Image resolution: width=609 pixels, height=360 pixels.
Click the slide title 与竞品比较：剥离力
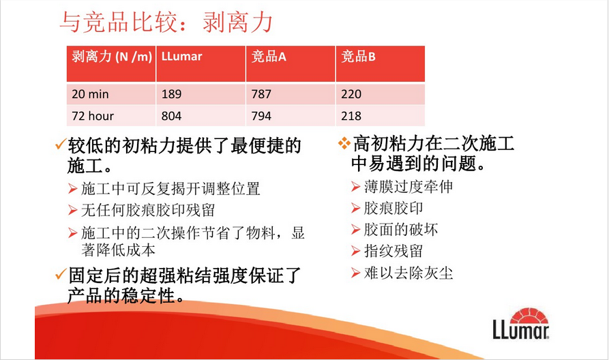click(166, 22)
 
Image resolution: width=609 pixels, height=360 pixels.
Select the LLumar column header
click(182, 57)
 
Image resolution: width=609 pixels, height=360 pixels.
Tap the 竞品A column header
click(269, 57)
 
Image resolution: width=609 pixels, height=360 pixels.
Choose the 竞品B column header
click(358, 57)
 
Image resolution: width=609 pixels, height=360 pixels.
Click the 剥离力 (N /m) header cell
click(112, 57)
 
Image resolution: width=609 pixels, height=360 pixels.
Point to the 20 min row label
click(90, 94)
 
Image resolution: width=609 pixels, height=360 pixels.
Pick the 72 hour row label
click(93, 116)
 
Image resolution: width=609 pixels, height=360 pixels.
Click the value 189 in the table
click(171, 94)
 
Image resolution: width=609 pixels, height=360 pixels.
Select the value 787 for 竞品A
click(261, 94)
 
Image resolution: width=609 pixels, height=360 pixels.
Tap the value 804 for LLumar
click(171, 116)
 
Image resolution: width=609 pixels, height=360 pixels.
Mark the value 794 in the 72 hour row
click(261, 116)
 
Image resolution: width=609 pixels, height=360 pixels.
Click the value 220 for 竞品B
click(351, 94)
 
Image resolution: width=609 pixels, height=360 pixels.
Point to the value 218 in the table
click(351, 116)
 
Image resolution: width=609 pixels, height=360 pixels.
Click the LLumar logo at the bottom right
click(521, 323)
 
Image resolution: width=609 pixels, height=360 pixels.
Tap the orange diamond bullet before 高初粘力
click(344, 143)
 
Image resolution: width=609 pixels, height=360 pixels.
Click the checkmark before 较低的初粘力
click(60, 144)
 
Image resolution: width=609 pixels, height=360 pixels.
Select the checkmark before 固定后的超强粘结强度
click(60, 274)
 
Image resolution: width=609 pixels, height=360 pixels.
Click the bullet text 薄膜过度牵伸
click(409, 187)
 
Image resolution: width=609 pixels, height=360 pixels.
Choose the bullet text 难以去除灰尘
click(409, 273)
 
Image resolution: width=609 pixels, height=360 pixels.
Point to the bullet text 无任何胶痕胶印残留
click(148, 211)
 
